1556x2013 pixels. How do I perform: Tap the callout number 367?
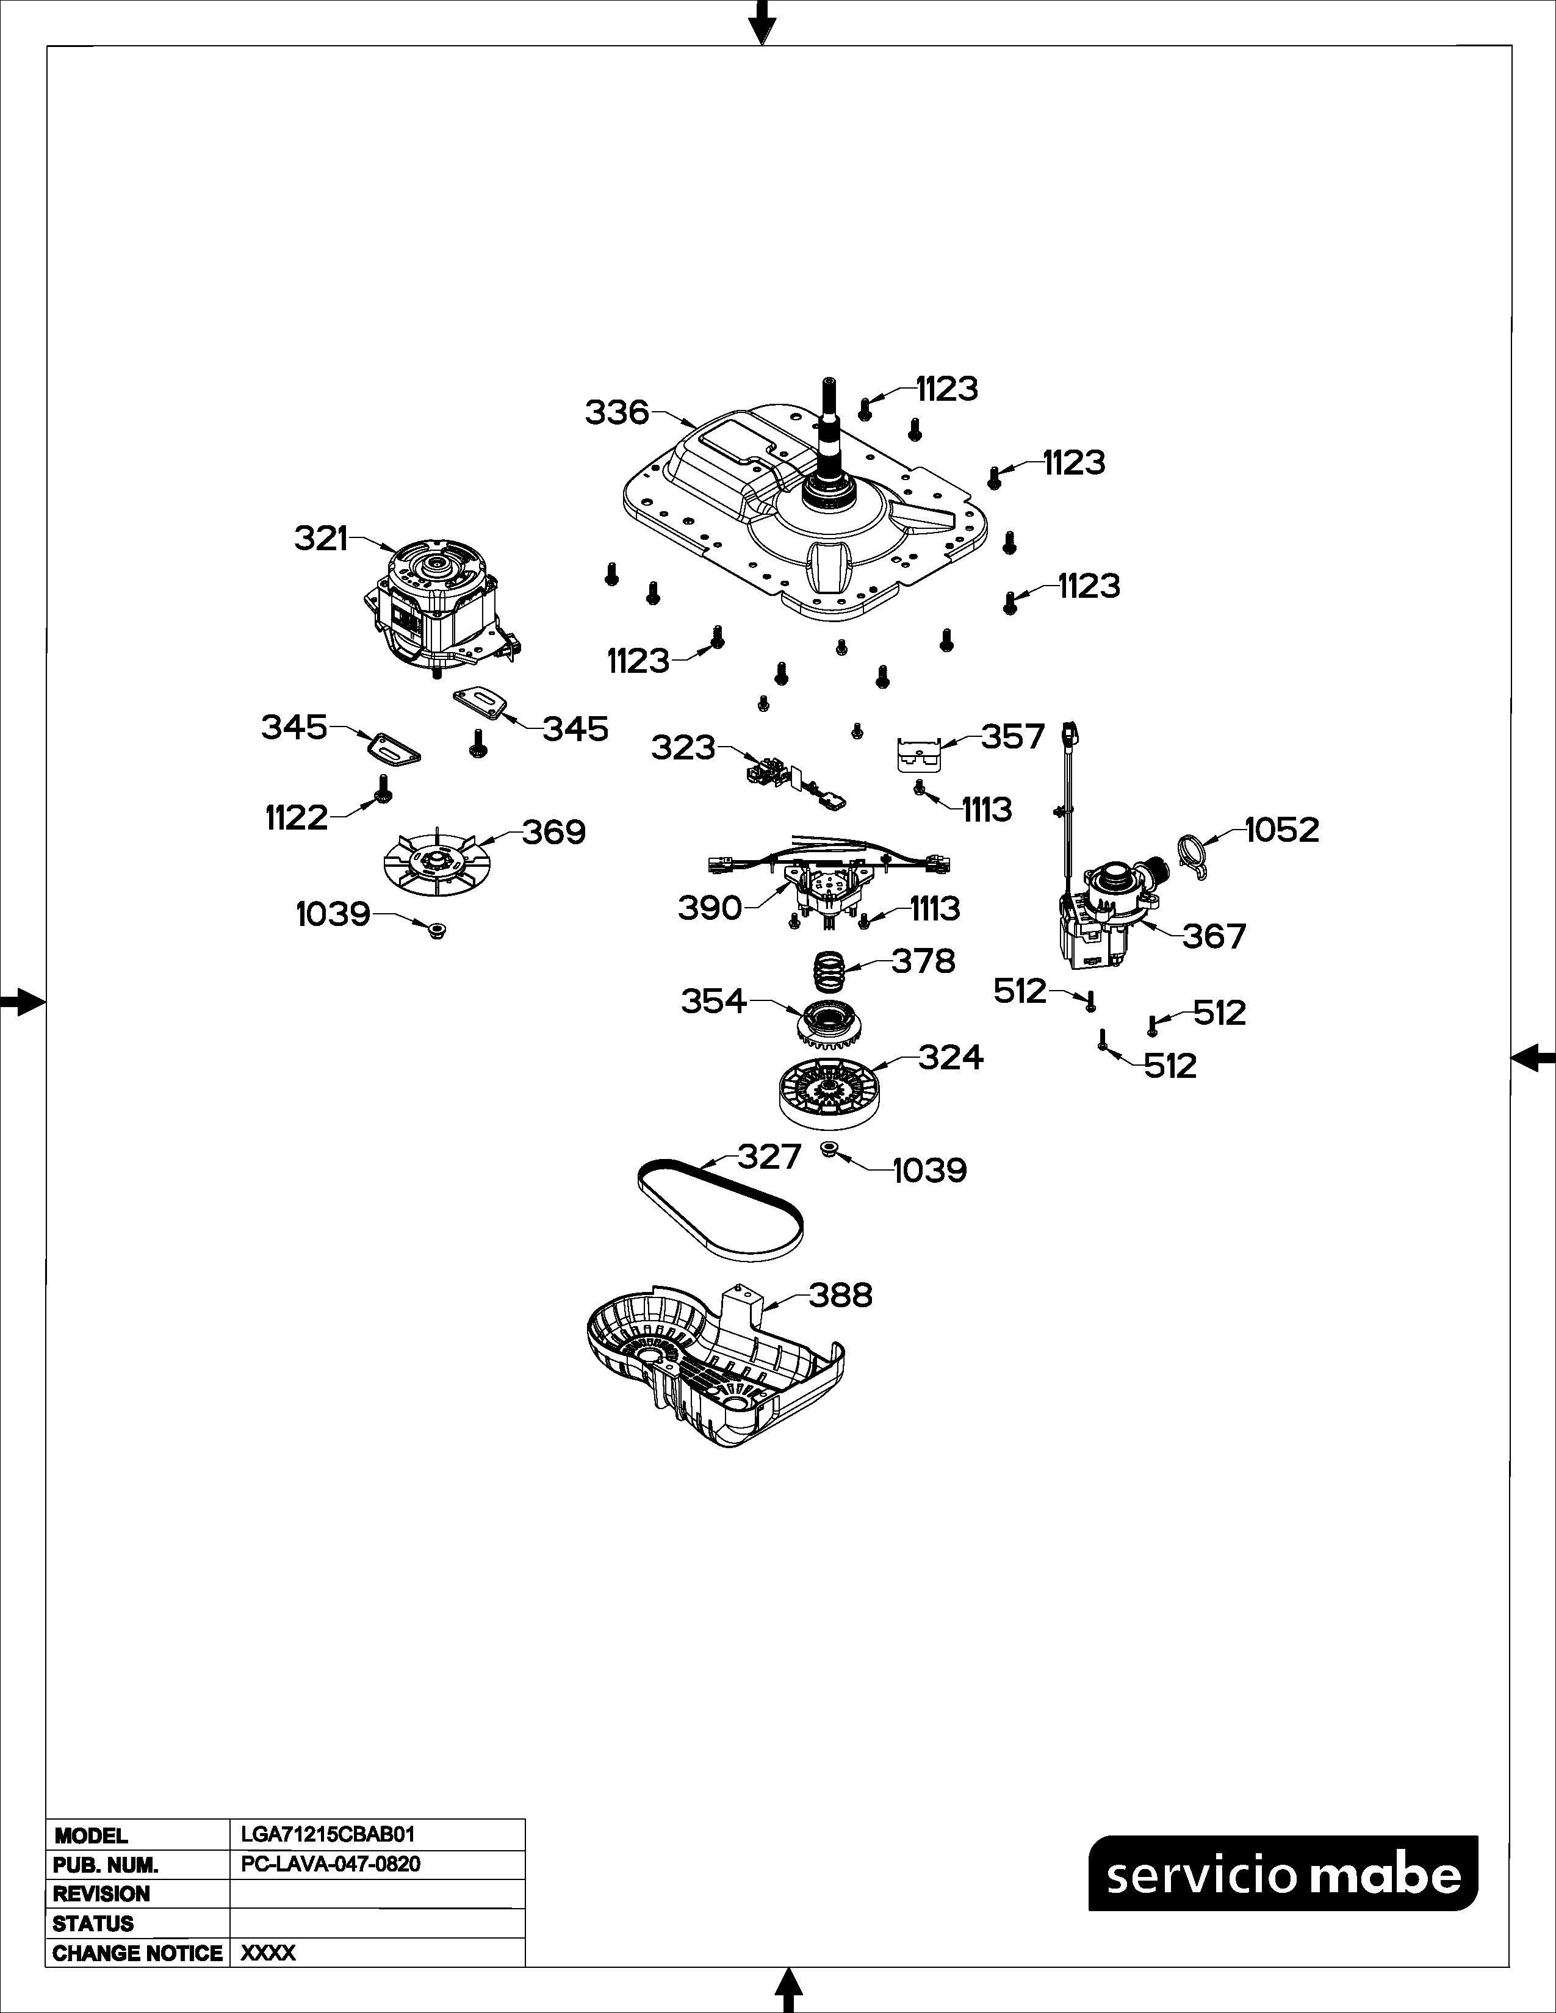1214,936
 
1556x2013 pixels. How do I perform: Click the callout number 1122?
297,817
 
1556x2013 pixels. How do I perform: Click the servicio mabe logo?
1283,1873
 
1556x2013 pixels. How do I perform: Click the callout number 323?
683,747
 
